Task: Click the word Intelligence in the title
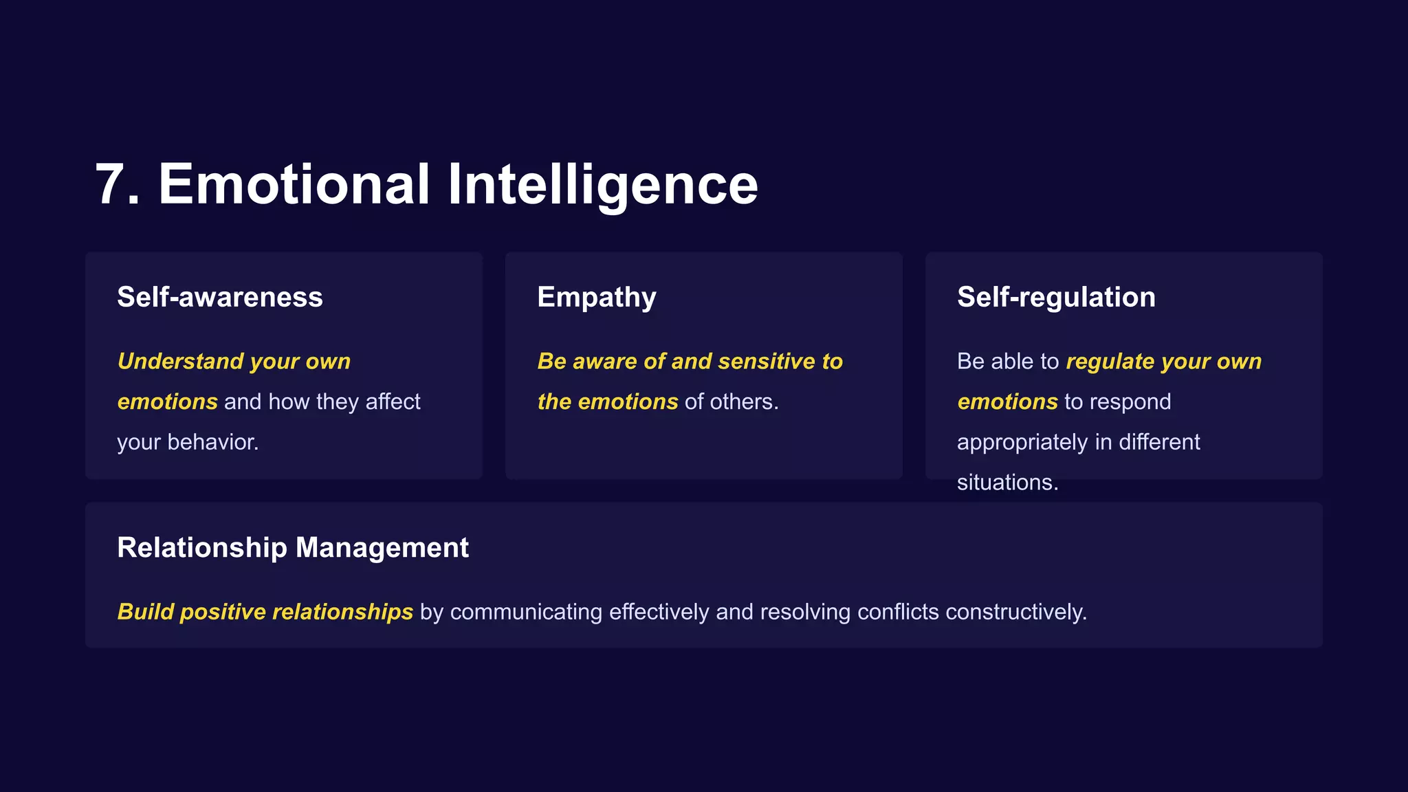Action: (x=602, y=184)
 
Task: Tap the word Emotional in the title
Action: (x=294, y=184)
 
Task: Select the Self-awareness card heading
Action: (x=219, y=297)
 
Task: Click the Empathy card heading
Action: (x=596, y=297)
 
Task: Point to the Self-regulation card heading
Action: (x=1055, y=297)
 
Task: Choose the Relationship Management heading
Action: (x=292, y=547)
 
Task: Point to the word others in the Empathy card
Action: (x=744, y=401)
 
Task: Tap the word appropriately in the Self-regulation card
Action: (x=1022, y=442)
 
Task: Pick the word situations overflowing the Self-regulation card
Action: (x=1007, y=482)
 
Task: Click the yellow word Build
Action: (x=145, y=611)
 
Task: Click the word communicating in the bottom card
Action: (x=526, y=611)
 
